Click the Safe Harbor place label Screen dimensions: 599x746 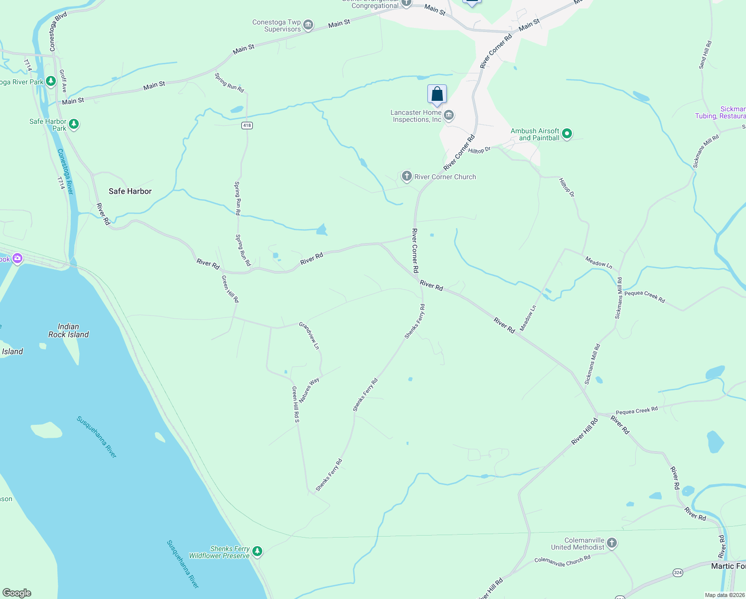click(130, 191)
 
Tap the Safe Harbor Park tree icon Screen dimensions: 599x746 click(74, 124)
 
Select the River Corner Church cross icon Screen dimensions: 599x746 click(407, 176)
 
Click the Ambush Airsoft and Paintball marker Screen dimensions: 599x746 click(566, 134)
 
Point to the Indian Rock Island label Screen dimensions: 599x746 click(68, 330)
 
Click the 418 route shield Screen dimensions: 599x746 click(247, 125)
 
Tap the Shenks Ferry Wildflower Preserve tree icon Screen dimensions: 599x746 click(257, 552)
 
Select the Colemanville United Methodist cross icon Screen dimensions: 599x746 click(612, 543)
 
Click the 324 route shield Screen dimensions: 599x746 click(678, 573)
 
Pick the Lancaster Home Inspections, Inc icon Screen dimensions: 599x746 click(449, 116)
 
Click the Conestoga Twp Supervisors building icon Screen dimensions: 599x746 click(308, 25)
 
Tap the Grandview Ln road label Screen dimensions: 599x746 click(309, 335)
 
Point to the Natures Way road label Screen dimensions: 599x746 click(309, 390)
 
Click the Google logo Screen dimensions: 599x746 click(17, 593)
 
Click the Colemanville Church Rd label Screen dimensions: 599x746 click(562, 561)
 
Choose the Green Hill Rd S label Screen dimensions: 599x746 click(296, 404)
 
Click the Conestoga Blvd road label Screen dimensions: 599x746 click(58, 32)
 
